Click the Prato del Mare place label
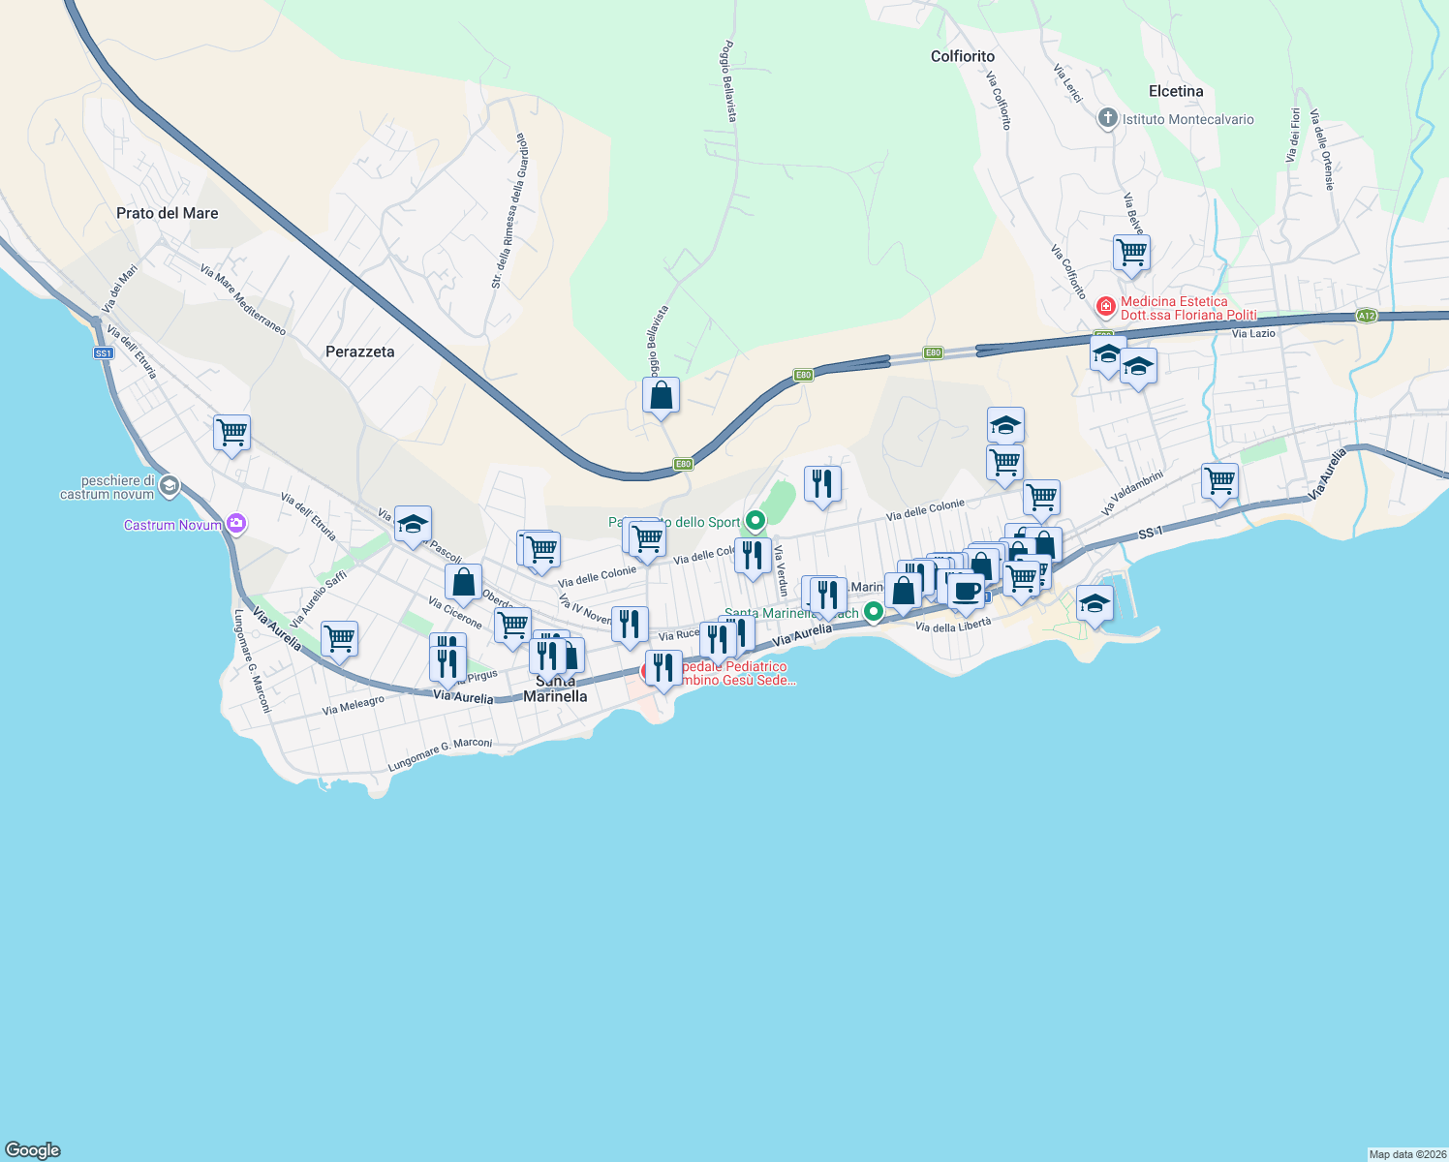coord(167,213)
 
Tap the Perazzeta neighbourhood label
coord(359,352)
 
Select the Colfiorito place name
coord(962,56)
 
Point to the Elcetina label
coord(1175,91)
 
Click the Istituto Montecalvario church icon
coord(1107,118)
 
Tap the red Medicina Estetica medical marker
coord(1104,307)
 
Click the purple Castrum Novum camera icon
coord(236,524)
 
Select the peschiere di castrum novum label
coord(107,487)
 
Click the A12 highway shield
coord(1366,316)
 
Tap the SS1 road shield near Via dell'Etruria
coord(104,353)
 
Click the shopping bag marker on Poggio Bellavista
coord(661,396)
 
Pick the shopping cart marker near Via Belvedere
coord(1131,253)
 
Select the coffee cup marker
coord(966,591)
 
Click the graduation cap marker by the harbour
coord(1094,604)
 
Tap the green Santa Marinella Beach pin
coord(874,611)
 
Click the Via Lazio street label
coord(1253,333)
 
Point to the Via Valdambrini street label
coord(1131,493)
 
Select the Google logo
coord(33,1150)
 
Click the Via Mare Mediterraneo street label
coord(243,300)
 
